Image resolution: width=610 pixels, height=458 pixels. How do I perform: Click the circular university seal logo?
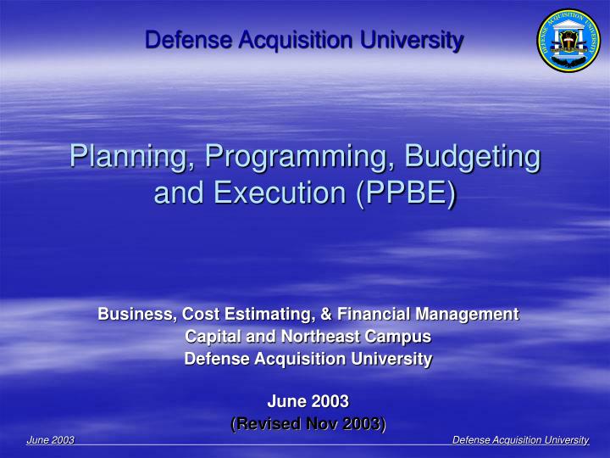tap(568, 41)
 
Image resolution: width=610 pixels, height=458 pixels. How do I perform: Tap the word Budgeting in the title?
tap(473, 157)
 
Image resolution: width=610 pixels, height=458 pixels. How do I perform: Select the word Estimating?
tap(275, 315)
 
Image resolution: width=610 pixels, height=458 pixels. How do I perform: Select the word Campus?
tap(398, 337)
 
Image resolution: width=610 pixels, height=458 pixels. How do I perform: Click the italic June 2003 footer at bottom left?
tap(51, 439)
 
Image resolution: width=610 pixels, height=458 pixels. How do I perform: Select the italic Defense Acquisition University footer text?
tap(520, 439)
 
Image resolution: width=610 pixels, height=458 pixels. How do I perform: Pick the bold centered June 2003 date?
tap(308, 401)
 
